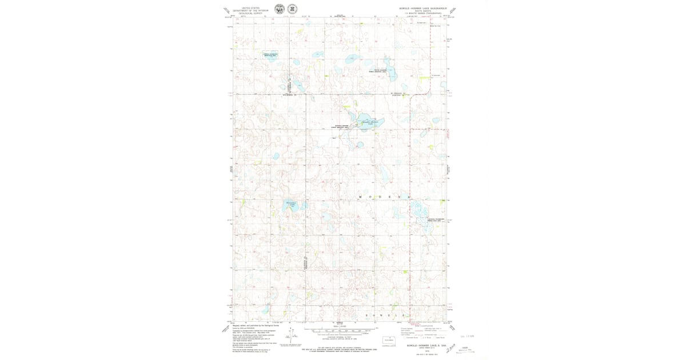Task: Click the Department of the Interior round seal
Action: (x=280, y=9)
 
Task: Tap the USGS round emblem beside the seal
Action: (x=292, y=9)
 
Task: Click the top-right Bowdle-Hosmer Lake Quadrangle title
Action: (x=422, y=9)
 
